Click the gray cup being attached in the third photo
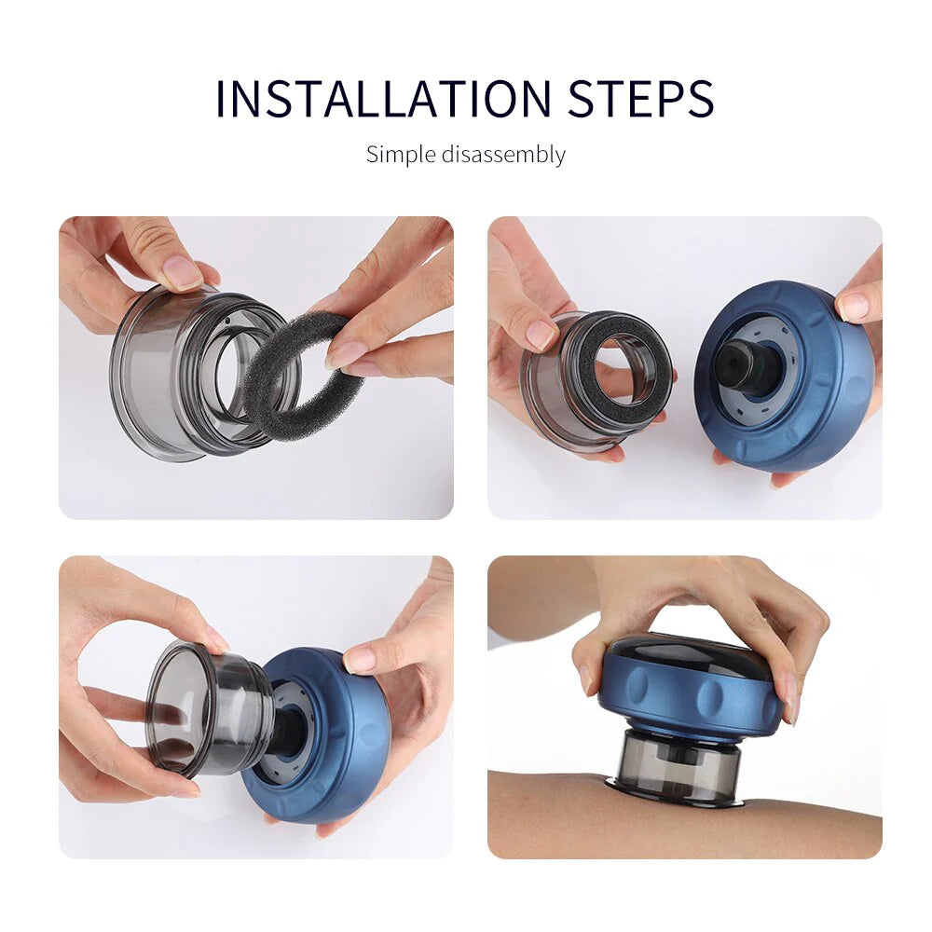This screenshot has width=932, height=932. click(200, 708)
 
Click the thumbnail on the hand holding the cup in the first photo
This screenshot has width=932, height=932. click(182, 272)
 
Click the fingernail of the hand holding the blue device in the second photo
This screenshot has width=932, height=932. click(852, 306)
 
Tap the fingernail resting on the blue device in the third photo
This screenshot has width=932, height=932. click(362, 661)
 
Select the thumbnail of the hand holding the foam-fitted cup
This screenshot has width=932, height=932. click(540, 334)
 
